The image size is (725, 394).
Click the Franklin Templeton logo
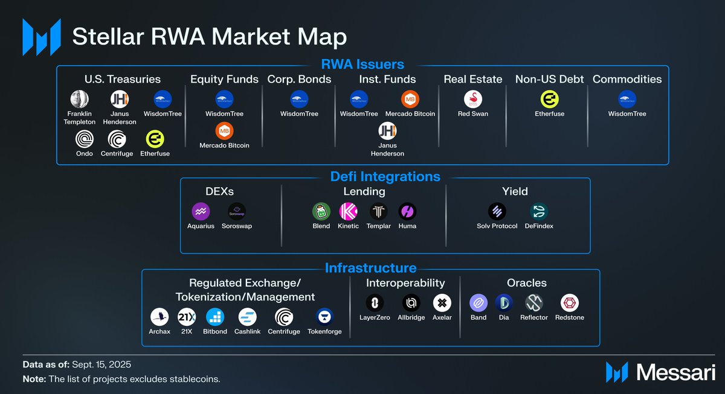[80, 100]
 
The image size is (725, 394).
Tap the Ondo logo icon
[85, 139]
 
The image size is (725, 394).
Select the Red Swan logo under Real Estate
[472, 100]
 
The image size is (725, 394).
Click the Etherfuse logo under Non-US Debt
[549, 100]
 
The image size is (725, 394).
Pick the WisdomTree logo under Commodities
[627, 100]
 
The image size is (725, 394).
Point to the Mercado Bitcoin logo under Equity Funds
[224, 131]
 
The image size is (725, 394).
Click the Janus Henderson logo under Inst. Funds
[387, 131]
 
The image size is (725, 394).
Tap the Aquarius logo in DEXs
[201, 211]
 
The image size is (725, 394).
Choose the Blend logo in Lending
[321, 211]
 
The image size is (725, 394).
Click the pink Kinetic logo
[348, 211]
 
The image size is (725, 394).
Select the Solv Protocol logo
[497, 211]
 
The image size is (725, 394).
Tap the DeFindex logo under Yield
[539, 211]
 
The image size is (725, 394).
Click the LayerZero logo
[375, 302]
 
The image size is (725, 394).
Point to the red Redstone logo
[569, 302]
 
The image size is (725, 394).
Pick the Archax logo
[159, 317]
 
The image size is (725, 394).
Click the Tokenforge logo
[324, 317]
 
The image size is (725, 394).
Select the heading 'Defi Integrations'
[385, 177]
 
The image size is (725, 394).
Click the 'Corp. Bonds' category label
[299, 79]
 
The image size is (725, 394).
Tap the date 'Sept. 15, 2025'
[101, 365]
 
